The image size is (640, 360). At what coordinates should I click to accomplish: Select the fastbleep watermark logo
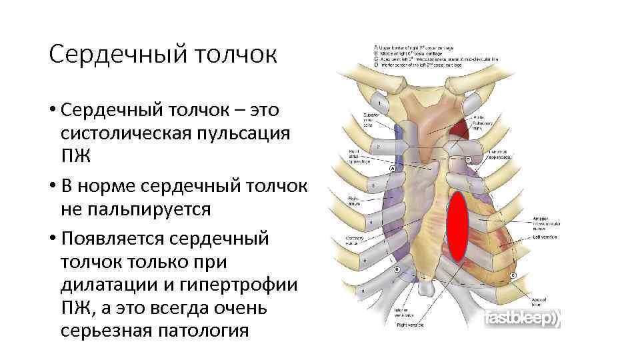[521, 319]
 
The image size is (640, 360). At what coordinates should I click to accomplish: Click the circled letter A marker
[393, 169]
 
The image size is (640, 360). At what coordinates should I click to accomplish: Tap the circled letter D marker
[468, 160]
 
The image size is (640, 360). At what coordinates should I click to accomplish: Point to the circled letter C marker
[512, 275]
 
